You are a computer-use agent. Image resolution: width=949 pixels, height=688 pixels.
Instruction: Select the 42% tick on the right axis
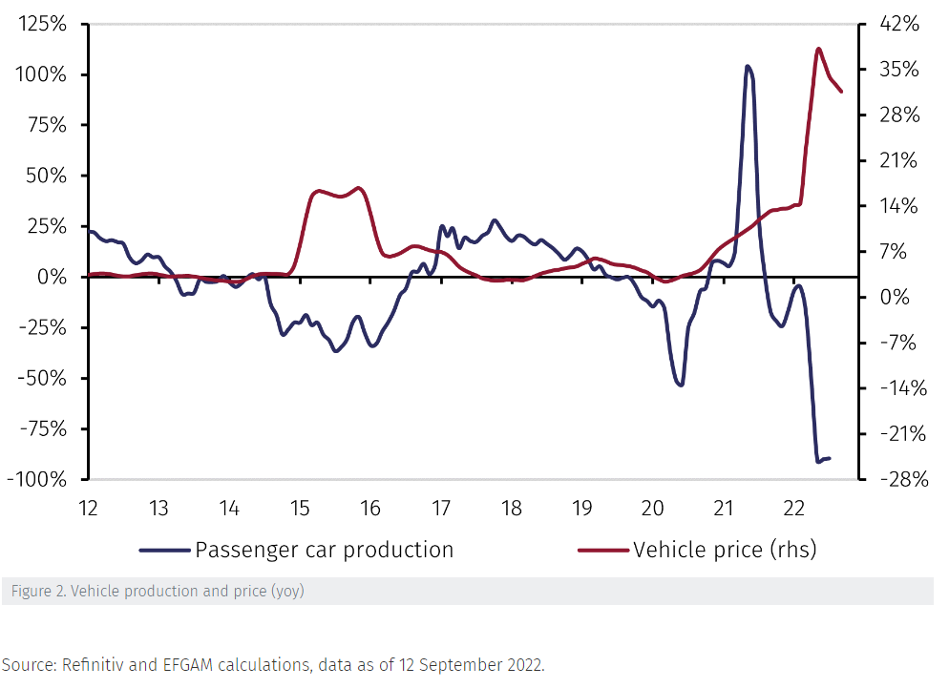click(898, 25)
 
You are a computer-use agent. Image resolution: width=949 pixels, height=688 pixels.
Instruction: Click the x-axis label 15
click(299, 507)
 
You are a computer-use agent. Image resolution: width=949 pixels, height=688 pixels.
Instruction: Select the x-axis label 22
click(792, 507)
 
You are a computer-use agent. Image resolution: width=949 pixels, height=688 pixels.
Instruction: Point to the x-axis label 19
click(580, 507)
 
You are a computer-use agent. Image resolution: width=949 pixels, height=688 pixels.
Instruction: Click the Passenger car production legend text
click(324, 550)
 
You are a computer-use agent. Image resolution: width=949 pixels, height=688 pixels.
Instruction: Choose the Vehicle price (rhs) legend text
click(725, 550)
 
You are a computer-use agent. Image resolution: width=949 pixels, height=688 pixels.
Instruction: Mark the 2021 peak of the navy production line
click(748, 67)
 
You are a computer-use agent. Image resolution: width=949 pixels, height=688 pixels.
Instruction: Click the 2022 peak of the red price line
click(819, 49)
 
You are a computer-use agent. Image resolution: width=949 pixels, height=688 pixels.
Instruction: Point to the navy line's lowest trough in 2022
click(818, 462)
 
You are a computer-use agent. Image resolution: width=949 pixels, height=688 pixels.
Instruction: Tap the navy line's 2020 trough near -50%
click(681, 385)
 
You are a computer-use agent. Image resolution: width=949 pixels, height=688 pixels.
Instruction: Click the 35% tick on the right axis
click(898, 70)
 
